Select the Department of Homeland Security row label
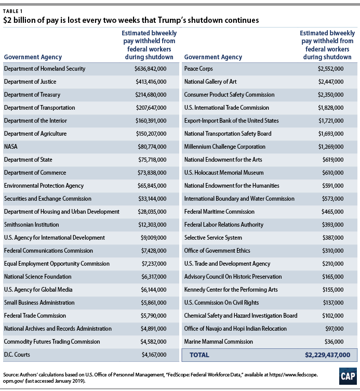click(44, 69)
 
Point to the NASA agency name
click(11, 147)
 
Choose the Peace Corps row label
click(198, 69)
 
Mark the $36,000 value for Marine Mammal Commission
click(332, 342)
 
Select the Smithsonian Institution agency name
click(31, 225)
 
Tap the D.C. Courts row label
click(18, 355)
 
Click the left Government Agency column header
click(33, 57)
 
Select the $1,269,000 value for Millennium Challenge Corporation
click(329, 147)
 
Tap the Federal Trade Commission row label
click(35, 316)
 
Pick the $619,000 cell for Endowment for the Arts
click(330, 160)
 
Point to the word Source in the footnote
click(11, 373)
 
